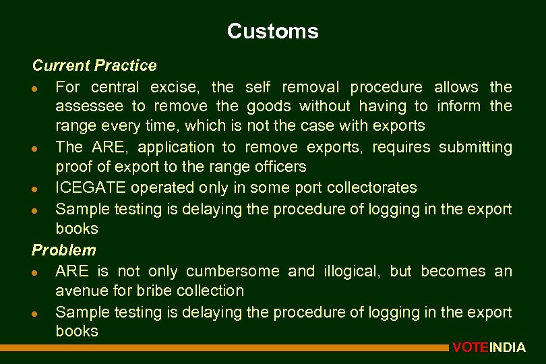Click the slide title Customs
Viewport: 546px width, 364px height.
point(272,31)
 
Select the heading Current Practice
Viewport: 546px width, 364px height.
point(94,65)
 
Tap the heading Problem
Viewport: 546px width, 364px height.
point(64,250)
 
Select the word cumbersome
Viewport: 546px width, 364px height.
point(233,271)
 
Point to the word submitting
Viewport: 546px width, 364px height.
point(475,147)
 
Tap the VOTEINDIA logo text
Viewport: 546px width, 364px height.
point(489,348)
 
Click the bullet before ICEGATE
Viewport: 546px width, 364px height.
point(43,189)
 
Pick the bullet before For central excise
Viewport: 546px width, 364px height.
point(43,88)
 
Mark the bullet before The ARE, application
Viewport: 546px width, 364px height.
point(43,148)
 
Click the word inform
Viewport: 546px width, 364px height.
point(459,106)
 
